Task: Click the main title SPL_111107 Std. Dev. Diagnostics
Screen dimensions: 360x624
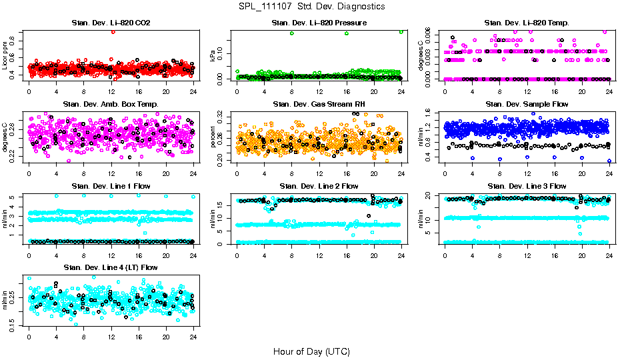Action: [311, 6]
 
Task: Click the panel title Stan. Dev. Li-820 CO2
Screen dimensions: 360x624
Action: [111, 23]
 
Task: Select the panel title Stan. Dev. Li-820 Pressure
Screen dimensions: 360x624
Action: [319, 23]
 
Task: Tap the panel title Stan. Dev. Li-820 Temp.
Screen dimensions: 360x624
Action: [527, 23]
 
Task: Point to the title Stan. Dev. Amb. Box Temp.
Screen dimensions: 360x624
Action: [111, 104]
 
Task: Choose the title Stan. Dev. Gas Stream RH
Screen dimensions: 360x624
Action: [319, 104]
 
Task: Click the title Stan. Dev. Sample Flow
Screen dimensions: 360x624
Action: [527, 104]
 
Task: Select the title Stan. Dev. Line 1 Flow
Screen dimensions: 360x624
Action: [111, 186]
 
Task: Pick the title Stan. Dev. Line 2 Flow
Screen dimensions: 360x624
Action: [319, 186]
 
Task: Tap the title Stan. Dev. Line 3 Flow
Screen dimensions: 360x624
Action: [527, 186]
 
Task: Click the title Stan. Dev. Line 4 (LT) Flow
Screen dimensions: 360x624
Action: [111, 267]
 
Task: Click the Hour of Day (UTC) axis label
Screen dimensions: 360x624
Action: [311, 351]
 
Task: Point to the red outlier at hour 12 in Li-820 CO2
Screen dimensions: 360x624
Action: [113, 32]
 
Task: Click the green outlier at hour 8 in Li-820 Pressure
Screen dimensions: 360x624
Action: [292, 33]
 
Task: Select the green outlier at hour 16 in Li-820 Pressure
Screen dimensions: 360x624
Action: [347, 33]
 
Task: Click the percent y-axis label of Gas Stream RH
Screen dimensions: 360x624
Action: [213, 137]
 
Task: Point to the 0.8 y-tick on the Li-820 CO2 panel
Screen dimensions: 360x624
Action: [15, 43]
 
